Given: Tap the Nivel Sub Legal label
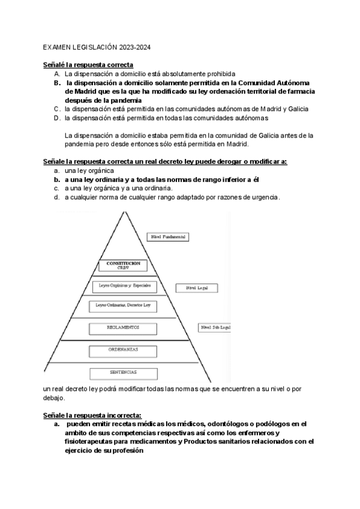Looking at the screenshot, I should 216,328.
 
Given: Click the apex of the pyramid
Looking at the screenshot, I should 125,212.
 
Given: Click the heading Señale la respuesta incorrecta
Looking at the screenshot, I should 92,415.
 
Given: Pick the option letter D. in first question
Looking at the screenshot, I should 57,118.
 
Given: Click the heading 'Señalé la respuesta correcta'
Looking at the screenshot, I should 88,64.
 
